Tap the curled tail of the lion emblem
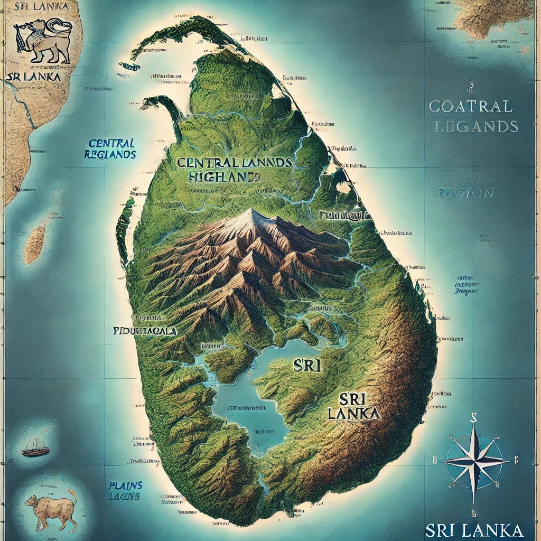tap(57, 26)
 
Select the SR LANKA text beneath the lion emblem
tap(33, 76)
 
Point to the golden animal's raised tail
tap(72, 497)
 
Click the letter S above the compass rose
tap(474, 417)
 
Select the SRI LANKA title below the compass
tap(474, 529)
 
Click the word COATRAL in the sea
tap(471, 106)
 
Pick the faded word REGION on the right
tap(465, 193)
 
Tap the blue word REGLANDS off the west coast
tap(110, 155)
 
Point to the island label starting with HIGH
tap(223, 178)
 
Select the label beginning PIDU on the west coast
tap(145, 331)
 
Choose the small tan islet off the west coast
tap(34, 245)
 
